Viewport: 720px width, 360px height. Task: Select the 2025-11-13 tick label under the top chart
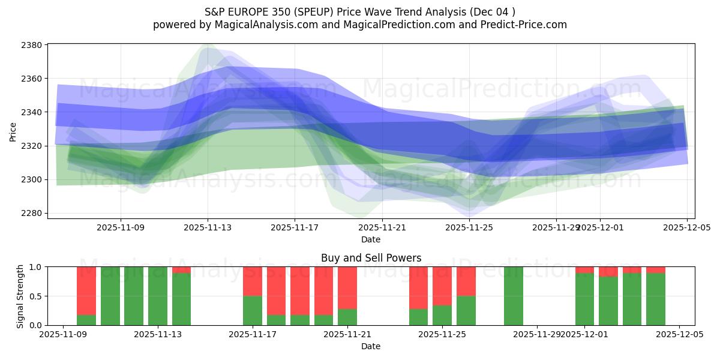pos(208,228)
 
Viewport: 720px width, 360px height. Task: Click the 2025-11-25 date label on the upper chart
pos(469,228)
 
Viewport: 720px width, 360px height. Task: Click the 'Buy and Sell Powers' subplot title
pos(371,258)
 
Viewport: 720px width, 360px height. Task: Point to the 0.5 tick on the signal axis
pos(35,296)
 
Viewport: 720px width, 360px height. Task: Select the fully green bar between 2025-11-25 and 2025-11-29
pos(514,296)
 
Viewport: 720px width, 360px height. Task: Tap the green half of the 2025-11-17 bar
pos(253,310)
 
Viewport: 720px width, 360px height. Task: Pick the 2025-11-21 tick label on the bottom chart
pos(347,335)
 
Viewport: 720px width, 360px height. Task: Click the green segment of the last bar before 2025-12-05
pos(656,299)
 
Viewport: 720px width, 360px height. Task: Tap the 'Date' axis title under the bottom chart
pos(371,346)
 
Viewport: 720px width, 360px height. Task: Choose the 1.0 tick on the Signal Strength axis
pos(35,266)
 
